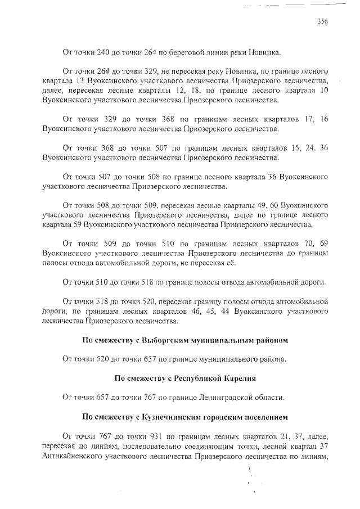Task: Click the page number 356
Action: click(x=322, y=22)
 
